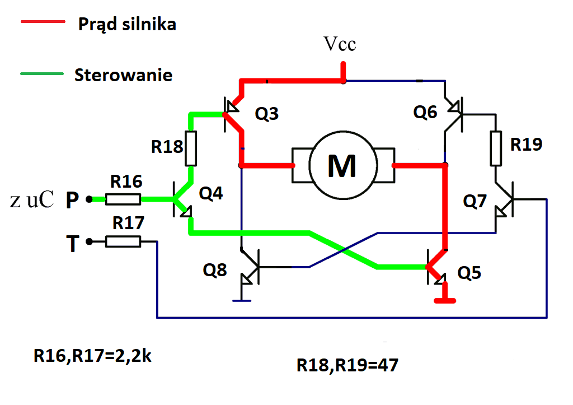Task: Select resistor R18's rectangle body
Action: coord(191,148)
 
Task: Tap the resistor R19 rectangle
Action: coord(496,148)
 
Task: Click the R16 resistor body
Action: coord(123,199)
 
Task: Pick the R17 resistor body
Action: coord(123,241)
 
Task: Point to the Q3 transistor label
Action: coord(267,114)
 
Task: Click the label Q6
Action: coord(425,112)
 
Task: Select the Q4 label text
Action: coord(211,193)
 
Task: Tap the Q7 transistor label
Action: coord(475,201)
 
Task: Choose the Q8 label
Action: coord(215,270)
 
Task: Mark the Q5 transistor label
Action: coord(469,273)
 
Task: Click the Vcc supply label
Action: coord(340,44)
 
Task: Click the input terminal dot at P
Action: coord(89,199)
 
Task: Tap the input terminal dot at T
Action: coord(89,241)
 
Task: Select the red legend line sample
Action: coord(43,22)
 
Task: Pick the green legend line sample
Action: coord(42,73)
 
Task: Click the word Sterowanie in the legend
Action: coord(124,75)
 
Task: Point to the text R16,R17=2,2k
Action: coord(92,356)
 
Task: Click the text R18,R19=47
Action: coord(347,365)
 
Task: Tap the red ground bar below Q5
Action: coord(445,301)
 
